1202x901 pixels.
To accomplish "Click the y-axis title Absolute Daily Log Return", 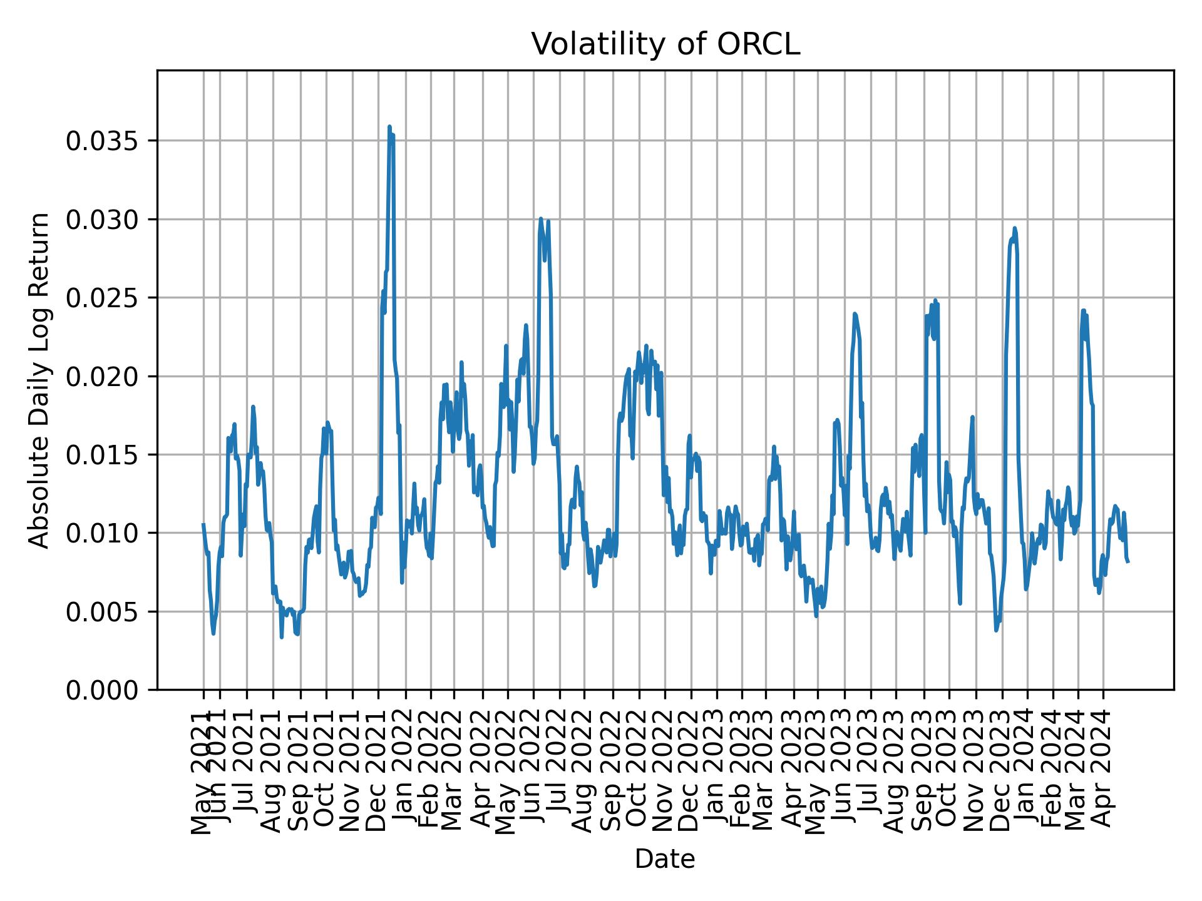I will point(40,380).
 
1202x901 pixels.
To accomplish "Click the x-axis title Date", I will point(665,859).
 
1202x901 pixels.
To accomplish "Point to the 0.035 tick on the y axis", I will point(101,141).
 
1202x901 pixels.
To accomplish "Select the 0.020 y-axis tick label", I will point(101,377).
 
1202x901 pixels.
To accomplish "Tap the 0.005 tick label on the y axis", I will point(101,612).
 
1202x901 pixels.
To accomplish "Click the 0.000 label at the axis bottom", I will point(101,690).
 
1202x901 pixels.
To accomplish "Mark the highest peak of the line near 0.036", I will point(389,127).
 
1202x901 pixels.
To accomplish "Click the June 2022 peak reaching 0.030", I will point(541,219).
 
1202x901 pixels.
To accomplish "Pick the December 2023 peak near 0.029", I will point(1015,229).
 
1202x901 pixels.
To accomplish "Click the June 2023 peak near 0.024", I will point(855,314).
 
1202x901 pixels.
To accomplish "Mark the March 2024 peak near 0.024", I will point(1083,310).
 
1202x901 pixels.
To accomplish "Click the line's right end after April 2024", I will point(1128,562).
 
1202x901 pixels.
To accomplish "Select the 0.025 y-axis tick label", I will point(101,298).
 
